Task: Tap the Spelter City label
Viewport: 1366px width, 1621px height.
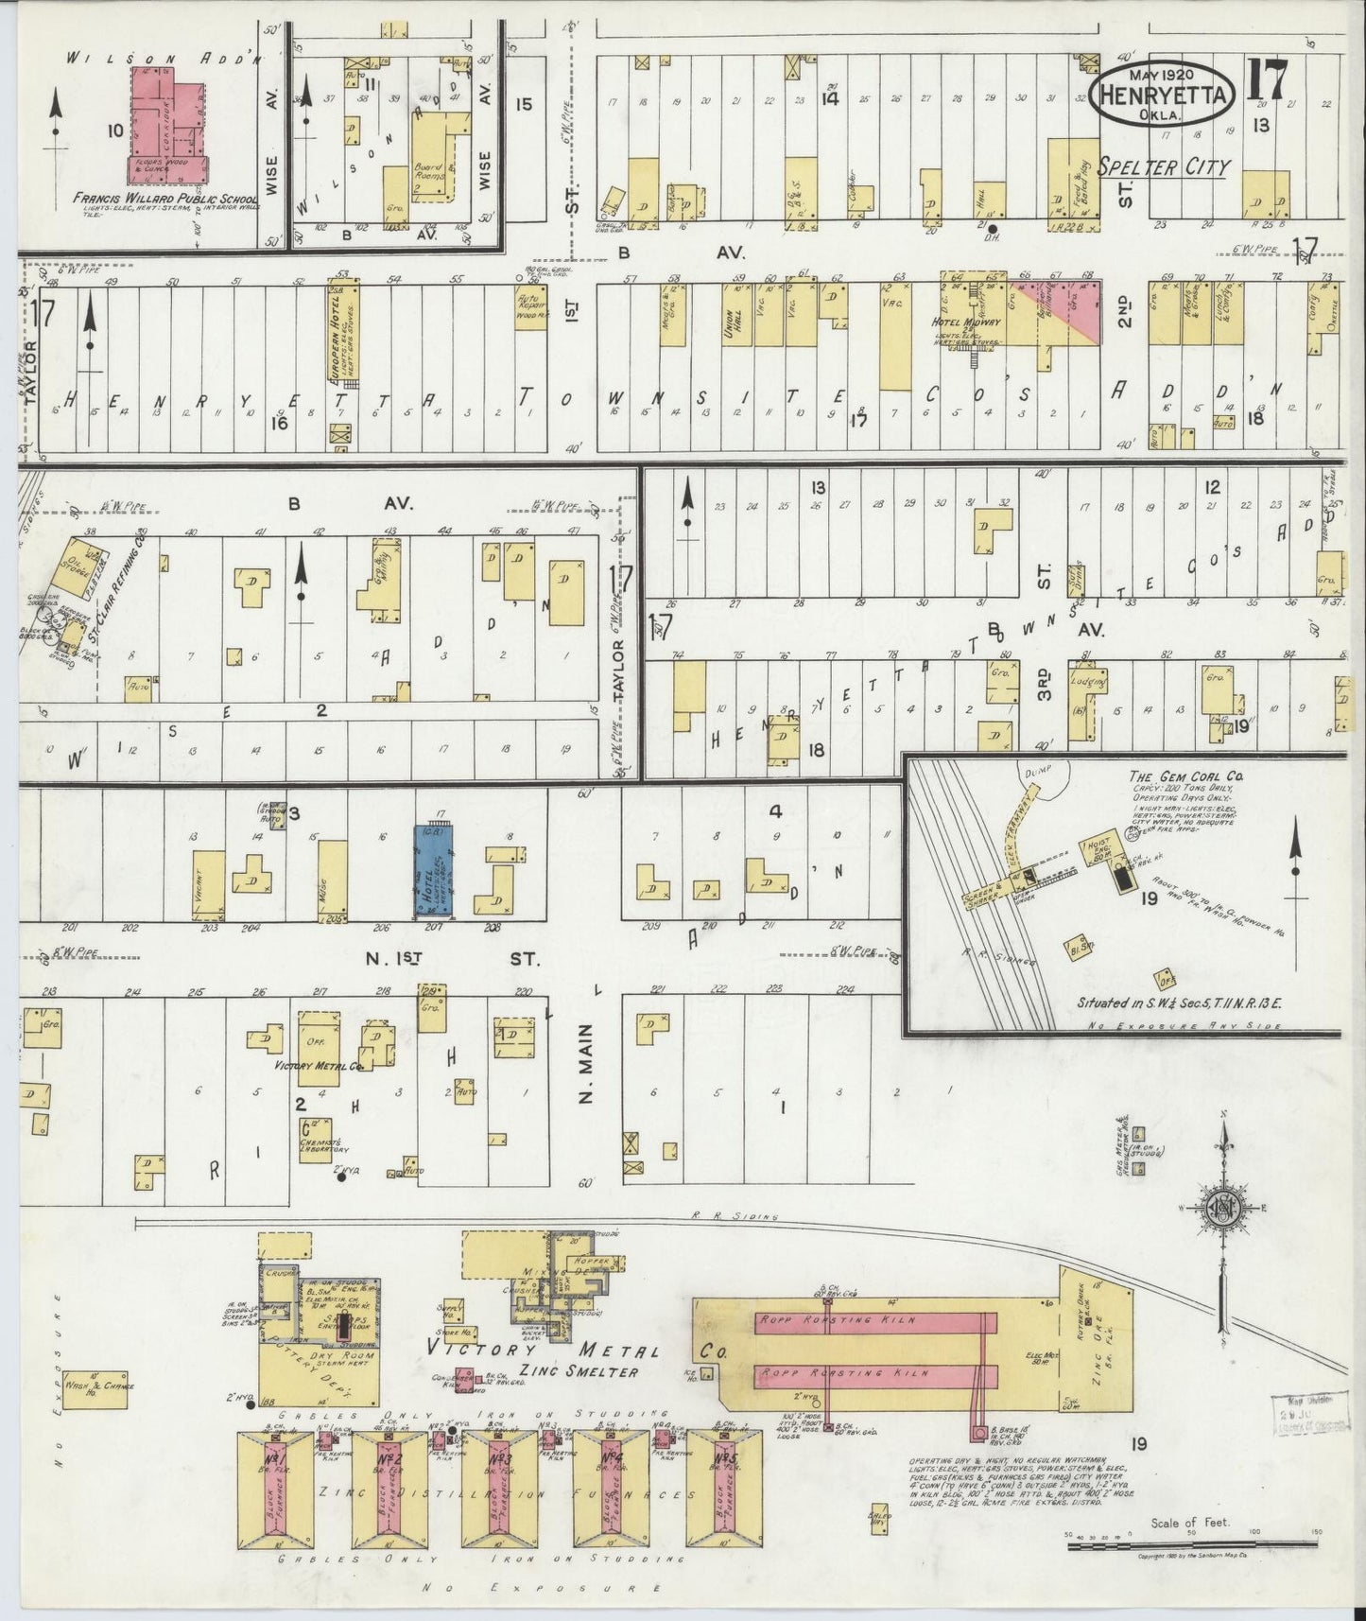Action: point(1164,168)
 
